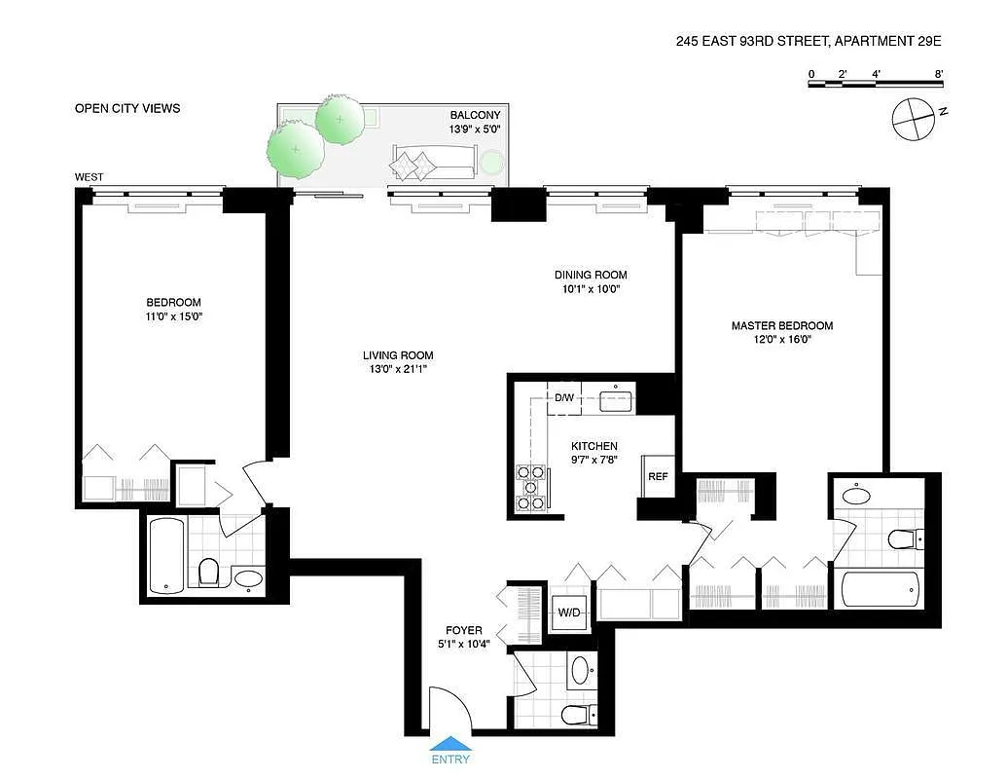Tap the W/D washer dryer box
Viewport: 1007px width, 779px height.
point(568,612)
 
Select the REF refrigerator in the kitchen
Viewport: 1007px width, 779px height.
point(659,477)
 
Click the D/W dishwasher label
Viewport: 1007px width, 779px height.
point(564,397)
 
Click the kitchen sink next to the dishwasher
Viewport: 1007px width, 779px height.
point(616,398)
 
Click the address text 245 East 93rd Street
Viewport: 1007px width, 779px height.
point(809,41)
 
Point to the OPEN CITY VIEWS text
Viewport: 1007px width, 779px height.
point(127,108)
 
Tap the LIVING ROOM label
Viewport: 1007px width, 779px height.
point(398,355)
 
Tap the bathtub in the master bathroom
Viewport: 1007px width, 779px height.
point(880,590)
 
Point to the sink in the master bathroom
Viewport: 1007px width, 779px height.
point(856,494)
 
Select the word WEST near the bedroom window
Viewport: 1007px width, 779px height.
point(90,177)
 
